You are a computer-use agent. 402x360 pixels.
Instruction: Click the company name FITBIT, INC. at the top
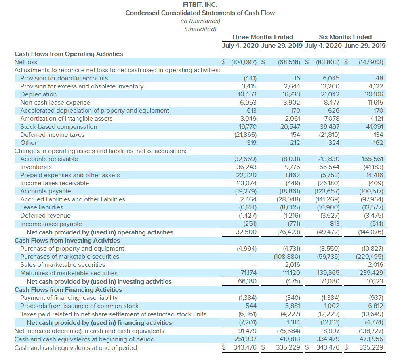[200, 5]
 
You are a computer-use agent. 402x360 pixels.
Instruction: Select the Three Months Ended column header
[262, 37]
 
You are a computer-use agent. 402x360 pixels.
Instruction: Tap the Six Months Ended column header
[345, 37]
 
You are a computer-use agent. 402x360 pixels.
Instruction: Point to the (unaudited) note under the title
[200, 29]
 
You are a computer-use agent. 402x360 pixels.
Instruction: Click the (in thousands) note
[200, 21]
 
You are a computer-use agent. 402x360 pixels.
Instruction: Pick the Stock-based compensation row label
[59, 127]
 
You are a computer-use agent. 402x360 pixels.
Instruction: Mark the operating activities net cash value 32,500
[246, 232]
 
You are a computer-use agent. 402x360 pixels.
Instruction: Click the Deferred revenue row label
[45, 216]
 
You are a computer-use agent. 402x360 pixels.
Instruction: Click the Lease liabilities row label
[42, 207]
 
